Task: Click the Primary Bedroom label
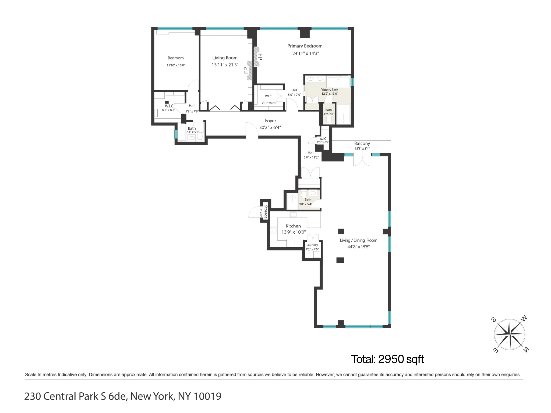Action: click(x=305, y=46)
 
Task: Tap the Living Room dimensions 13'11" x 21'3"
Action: click(x=225, y=65)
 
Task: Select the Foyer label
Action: click(x=270, y=121)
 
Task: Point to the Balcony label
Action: click(x=362, y=144)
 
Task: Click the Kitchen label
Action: click(x=293, y=226)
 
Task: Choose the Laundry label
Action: click(x=312, y=245)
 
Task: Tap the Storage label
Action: click(x=266, y=212)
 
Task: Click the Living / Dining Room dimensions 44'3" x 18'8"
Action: click(x=358, y=247)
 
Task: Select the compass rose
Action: click(x=510, y=334)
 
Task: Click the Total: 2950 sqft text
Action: click(x=387, y=359)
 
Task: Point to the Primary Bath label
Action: click(x=329, y=90)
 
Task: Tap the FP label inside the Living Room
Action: click(x=246, y=70)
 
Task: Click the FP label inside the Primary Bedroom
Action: click(x=260, y=57)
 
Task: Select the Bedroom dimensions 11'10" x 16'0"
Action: click(x=176, y=65)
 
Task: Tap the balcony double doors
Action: click(x=362, y=160)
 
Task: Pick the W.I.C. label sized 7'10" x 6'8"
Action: click(x=269, y=96)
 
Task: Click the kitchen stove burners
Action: click(x=273, y=230)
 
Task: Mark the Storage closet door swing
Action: click(x=254, y=212)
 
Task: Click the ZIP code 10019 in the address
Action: click(x=207, y=396)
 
